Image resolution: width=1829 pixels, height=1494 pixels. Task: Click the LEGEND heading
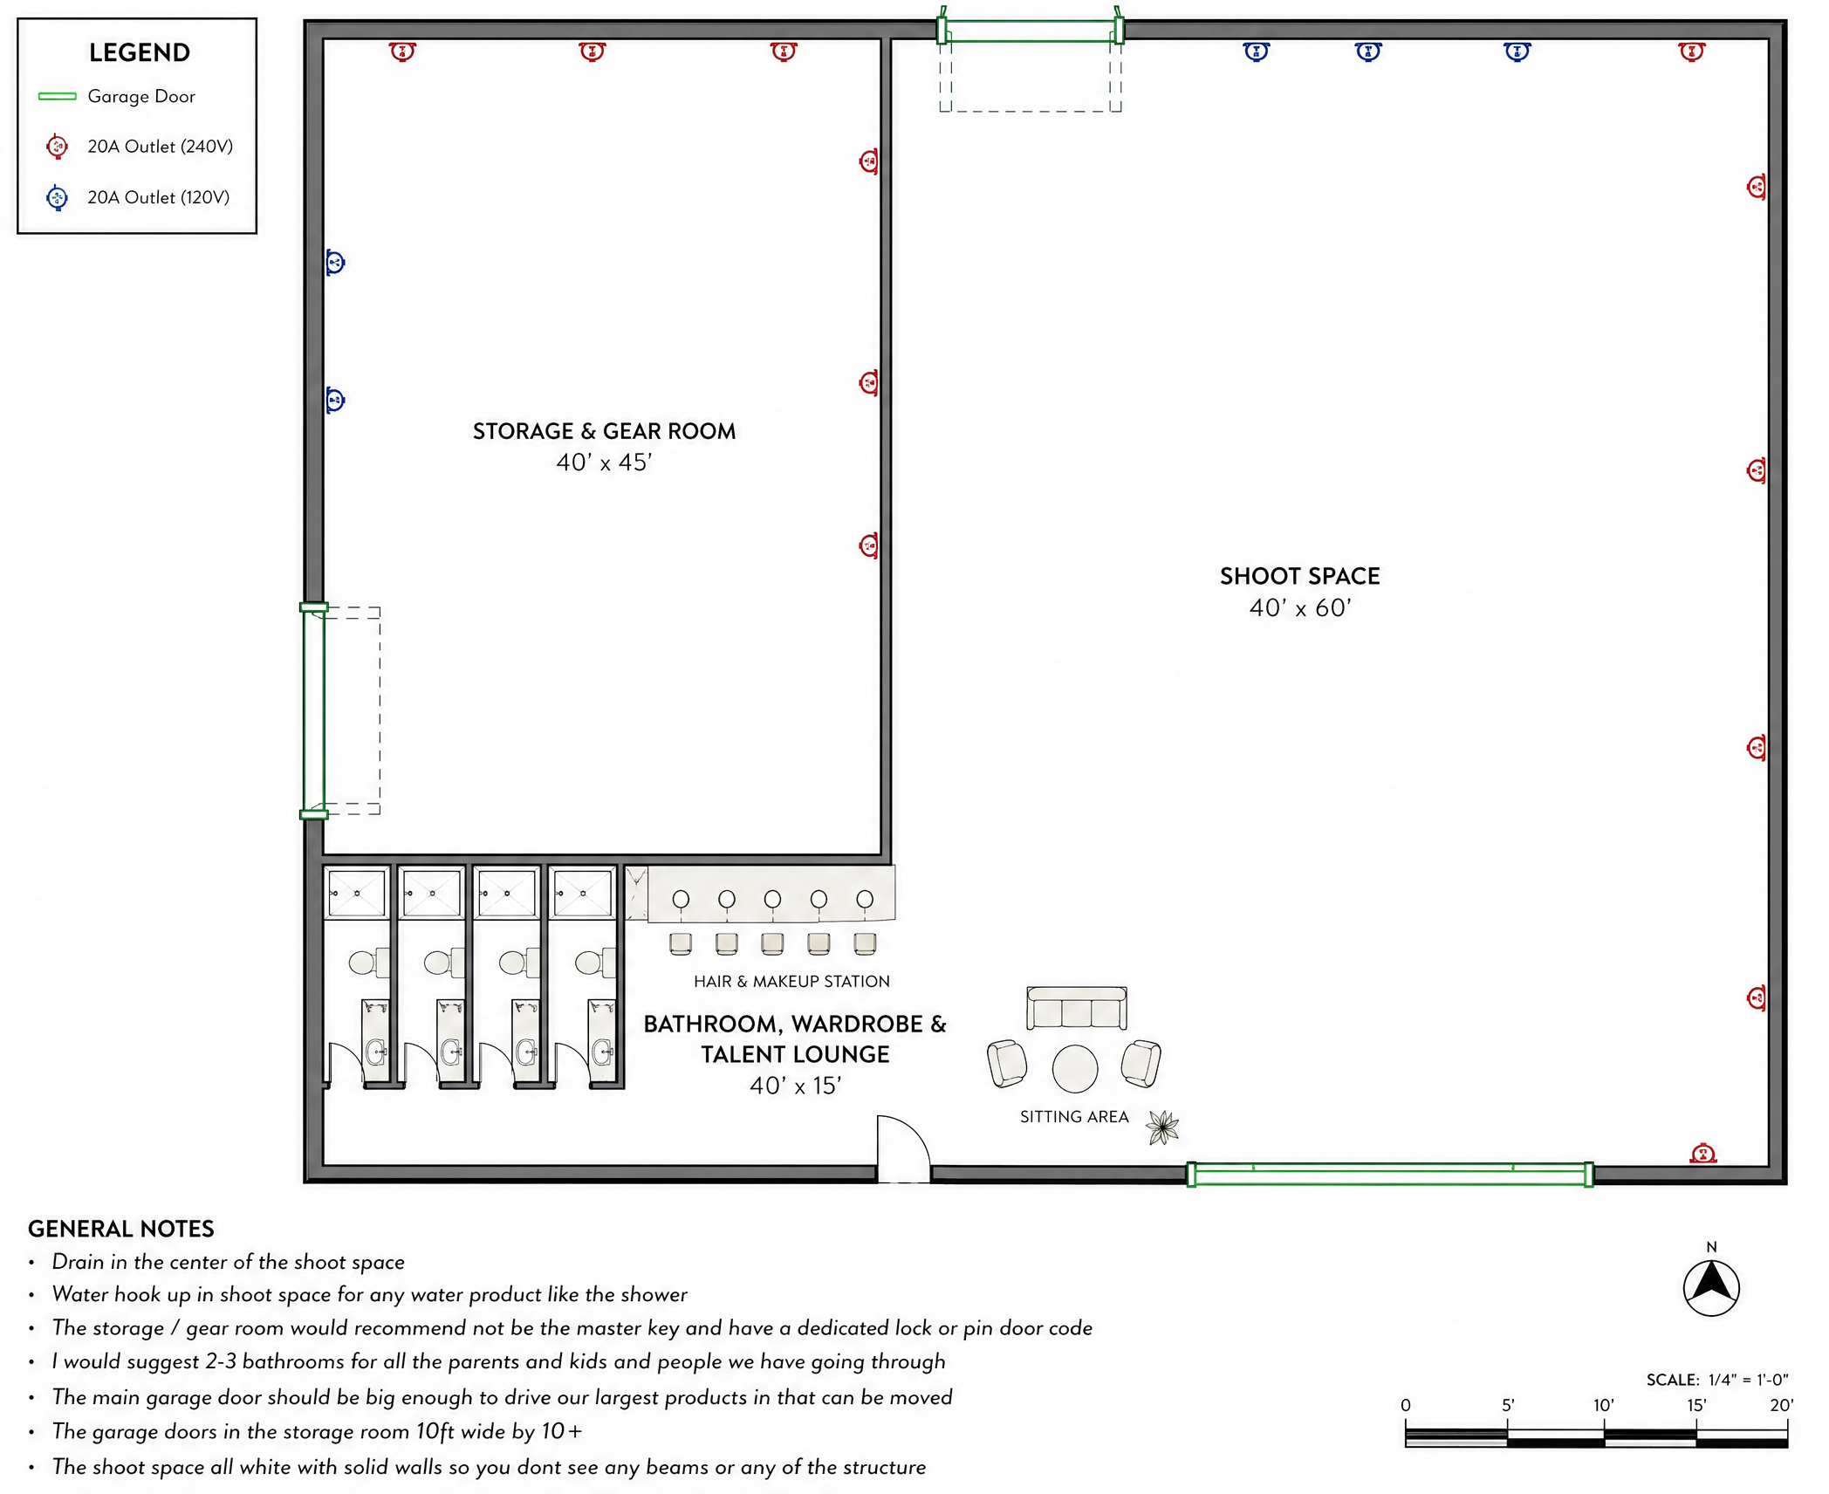point(140,52)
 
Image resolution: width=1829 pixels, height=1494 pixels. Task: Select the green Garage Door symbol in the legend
point(58,96)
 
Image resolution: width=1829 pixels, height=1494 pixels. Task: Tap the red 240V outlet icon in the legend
point(58,147)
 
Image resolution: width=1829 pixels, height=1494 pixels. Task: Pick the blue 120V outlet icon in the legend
point(58,198)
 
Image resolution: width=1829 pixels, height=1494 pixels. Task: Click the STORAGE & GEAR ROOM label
point(604,431)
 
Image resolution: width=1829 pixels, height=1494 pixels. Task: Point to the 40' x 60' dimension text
point(1299,607)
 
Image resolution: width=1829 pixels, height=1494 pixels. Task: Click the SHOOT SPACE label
point(1299,576)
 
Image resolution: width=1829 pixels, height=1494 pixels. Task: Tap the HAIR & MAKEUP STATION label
point(791,982)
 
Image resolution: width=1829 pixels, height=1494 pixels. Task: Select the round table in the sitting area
point(1075,1069)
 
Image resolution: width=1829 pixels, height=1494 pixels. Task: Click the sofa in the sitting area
point(1077,1009)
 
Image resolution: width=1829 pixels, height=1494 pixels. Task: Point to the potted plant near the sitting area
point(1162,1127)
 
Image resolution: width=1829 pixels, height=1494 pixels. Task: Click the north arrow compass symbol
point(1711,1288)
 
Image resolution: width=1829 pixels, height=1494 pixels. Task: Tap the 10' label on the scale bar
point(1604,1405)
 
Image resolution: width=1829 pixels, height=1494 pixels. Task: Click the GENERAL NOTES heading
point(121,1229)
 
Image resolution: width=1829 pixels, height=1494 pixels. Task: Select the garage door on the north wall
point(1031,31)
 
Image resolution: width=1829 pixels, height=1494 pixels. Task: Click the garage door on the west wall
point(314,710)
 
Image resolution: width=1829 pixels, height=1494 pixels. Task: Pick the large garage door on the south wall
point(1390,1175)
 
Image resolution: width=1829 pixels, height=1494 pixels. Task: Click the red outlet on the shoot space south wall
point(1703,1154)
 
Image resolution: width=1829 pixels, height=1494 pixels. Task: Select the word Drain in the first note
point(79,1262)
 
